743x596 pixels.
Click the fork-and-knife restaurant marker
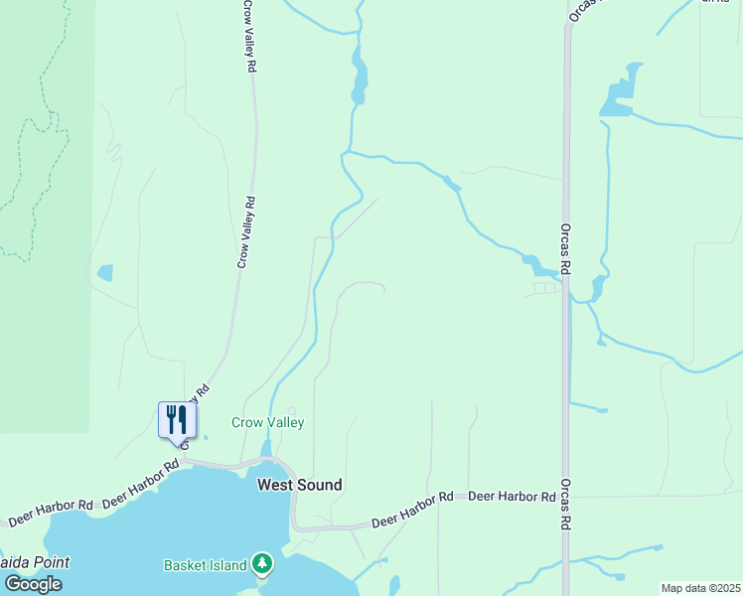(x=178, y=419)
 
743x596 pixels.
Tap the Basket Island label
(x=205, y=565)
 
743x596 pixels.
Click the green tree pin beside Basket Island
(x=261, y=564)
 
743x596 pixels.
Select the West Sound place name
(x=299, y=485)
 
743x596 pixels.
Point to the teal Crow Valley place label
(x=267, y=422)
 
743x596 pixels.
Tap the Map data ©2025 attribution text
(x=700, y=588)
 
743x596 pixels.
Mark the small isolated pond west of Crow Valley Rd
(x=105, y=272)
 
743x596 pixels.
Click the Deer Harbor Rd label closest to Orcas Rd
(x=512, y=496)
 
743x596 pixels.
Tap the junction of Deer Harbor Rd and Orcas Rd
(x=566, y=496)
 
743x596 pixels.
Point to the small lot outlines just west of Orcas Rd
(x=544, y=288)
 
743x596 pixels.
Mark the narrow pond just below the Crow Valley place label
(x=266, y=449)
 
